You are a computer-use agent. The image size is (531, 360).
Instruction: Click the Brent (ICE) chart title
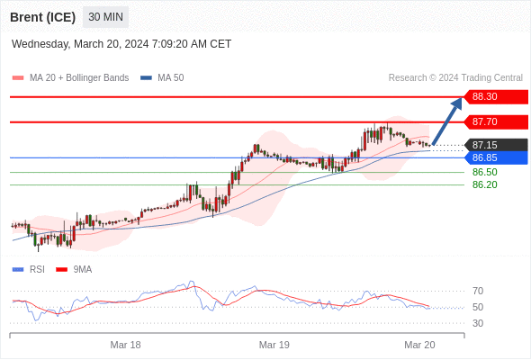42,17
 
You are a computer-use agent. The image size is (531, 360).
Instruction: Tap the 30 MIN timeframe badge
105,17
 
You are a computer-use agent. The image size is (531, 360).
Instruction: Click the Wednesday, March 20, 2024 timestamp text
121,44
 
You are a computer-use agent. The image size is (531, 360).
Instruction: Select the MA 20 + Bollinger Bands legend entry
70,78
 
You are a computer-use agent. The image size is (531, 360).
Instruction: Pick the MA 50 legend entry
162,78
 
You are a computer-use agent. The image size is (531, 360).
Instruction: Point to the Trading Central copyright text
455,78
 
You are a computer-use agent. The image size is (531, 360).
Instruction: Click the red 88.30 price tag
496,97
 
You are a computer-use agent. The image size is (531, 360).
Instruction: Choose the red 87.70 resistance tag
496,121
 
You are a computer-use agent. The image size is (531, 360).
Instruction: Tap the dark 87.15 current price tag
496,145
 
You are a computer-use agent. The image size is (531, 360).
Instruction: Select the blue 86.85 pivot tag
496,157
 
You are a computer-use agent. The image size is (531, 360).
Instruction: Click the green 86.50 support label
485,172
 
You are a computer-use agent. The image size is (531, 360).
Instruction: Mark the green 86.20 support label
485,184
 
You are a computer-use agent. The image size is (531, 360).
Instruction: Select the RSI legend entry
29,270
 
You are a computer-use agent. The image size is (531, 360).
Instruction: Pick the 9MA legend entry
74,270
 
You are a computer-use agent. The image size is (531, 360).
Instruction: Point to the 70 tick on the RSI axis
478,291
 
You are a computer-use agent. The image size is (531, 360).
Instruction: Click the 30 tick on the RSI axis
478,323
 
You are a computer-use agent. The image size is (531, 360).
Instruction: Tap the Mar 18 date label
125,345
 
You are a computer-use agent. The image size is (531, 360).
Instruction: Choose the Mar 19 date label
274,345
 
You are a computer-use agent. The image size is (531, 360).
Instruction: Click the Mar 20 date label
419,345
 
